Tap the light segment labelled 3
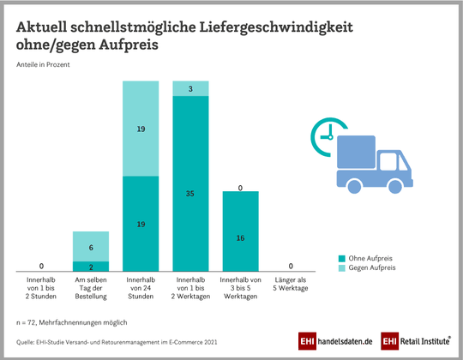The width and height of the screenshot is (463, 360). tap(190, 88)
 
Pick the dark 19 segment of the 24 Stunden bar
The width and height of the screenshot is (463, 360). tap(141, 224)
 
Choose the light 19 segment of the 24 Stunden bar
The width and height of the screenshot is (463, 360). tap(141, 129)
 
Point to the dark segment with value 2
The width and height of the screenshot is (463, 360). tap(91, 267)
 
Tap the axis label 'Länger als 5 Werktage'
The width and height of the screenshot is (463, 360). tap(290, 284)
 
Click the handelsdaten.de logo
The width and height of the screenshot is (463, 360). tap(335, 341)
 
